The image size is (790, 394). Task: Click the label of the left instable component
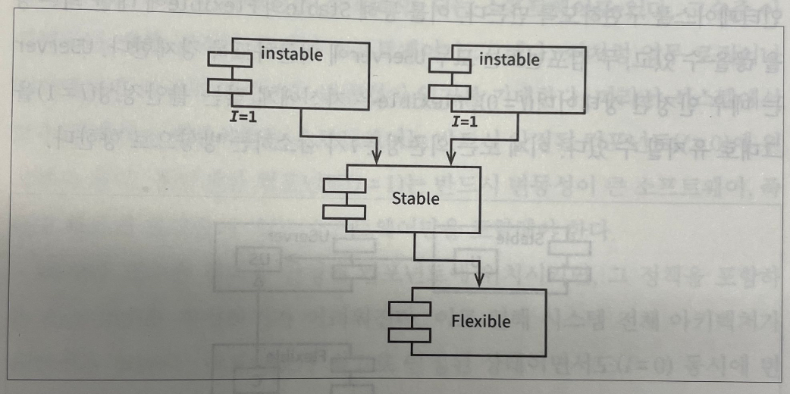point(291,54)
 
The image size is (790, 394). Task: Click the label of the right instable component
point(509,59)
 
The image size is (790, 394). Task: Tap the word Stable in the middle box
point(415,199)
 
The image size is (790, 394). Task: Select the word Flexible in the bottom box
point(481,321)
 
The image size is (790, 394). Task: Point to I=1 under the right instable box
point(466,121)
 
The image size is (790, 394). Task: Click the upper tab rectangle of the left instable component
point(230,60)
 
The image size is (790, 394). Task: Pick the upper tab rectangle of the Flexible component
point(409,309)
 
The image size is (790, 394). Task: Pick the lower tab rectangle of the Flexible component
point(409,333)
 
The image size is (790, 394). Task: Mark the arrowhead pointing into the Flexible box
point(480,280)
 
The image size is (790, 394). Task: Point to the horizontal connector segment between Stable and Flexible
point(447,258)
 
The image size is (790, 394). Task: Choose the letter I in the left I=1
point(235,115)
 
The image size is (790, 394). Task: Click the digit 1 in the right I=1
point(475,121)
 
